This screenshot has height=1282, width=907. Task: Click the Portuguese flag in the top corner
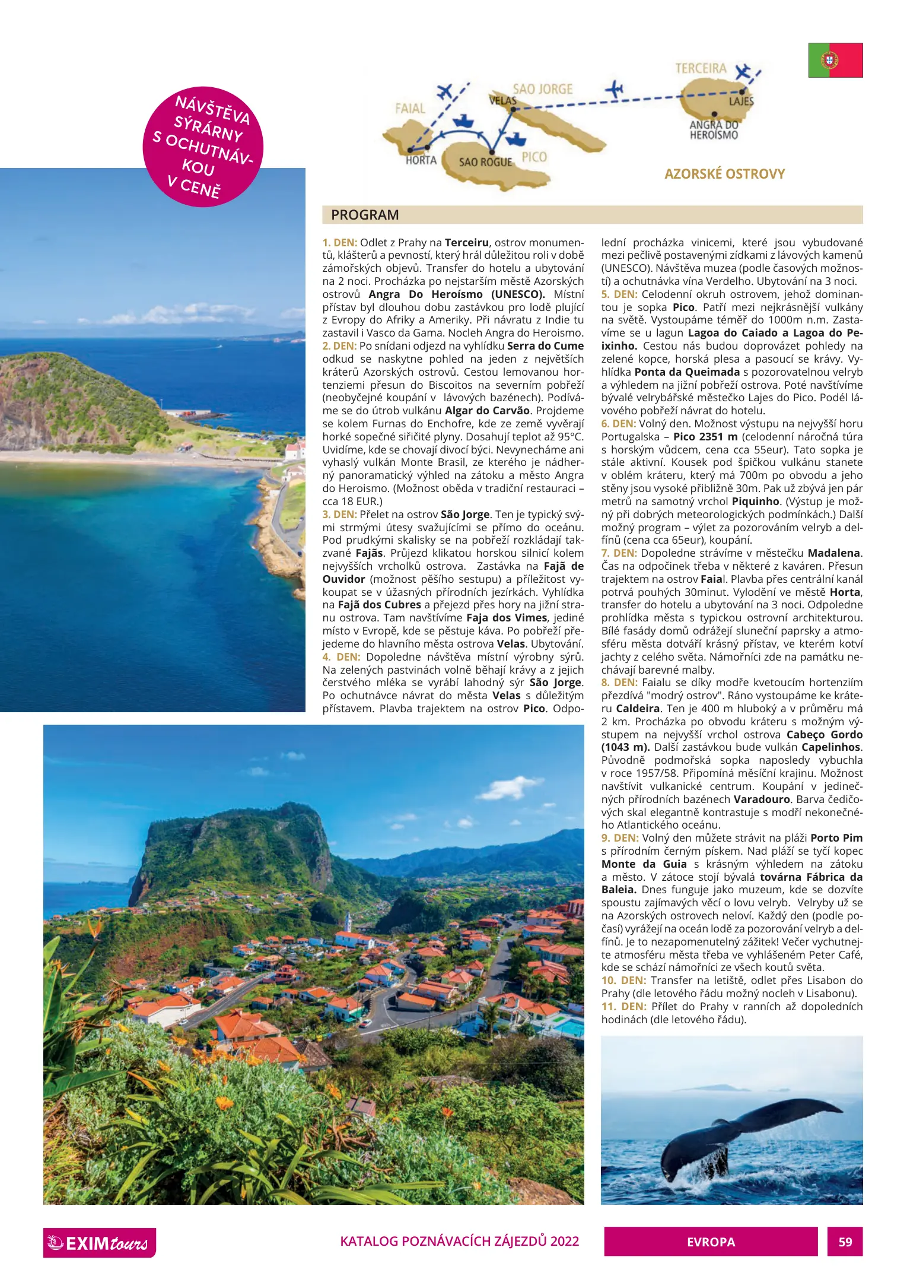point(835,60)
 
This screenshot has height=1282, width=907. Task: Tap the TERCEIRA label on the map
point(701,69)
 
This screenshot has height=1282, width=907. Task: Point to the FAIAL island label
point(410,109)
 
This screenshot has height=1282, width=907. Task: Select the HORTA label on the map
point(421,160)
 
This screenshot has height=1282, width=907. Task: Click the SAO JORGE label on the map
point(542,90)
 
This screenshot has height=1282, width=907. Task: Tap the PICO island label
point(534,157)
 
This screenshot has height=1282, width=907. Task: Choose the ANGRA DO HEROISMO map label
point(714,130)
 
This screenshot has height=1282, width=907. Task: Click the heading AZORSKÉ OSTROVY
point(724,174)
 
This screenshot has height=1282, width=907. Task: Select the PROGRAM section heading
point(365,215)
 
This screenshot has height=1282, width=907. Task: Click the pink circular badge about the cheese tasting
point(203,147)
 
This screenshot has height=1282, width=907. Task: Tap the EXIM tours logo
point(100,1242)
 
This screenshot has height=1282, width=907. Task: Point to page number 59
point(845,1242)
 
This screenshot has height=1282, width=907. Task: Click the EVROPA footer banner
point(711,1242)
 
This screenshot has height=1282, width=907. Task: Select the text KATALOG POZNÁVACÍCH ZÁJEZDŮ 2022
point(459,1241)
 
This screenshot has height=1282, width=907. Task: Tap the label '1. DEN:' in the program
point(340,243)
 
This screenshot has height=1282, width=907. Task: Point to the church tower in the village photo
point(348,922)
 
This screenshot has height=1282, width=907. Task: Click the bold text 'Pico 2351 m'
point(705,437)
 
